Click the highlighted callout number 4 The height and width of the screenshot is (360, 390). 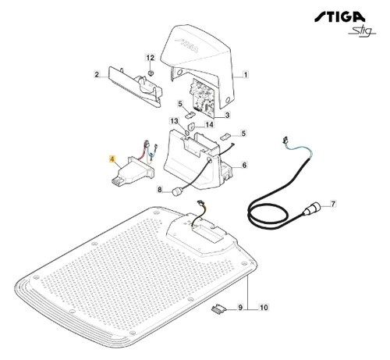(x=112, y=159)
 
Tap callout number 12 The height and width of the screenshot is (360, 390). (x=151, y=58)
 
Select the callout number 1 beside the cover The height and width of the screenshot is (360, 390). (x=245, y=75)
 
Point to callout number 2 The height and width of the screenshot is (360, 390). (x=97, y=75)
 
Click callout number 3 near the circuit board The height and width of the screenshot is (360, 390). (x=227, y=115)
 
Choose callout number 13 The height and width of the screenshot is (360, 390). (x=175, y=121)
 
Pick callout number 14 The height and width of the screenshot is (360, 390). (x=210, y=125)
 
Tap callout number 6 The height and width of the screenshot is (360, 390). (x=244, y=165)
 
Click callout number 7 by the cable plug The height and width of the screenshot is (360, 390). (x=333, y=204)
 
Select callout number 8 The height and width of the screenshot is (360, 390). (x=160, y=190)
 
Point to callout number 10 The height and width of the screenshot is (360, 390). (x=264, y=308)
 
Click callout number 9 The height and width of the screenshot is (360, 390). (x=240, y=308)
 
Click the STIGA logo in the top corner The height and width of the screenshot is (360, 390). (x=339, y=17)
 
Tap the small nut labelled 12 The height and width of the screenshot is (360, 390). (x=151, y=73)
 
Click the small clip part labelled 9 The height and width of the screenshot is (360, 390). (x=218, y=310)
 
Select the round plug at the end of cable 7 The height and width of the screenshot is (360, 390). (x=311, y=209)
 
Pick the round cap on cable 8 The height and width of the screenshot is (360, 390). (x=175, y=193)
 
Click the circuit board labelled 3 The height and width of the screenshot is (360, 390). (x=203, y=98)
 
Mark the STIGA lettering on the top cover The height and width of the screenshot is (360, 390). (x=186, y=46)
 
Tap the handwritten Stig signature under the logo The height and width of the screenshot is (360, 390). (x=362, y=30)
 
